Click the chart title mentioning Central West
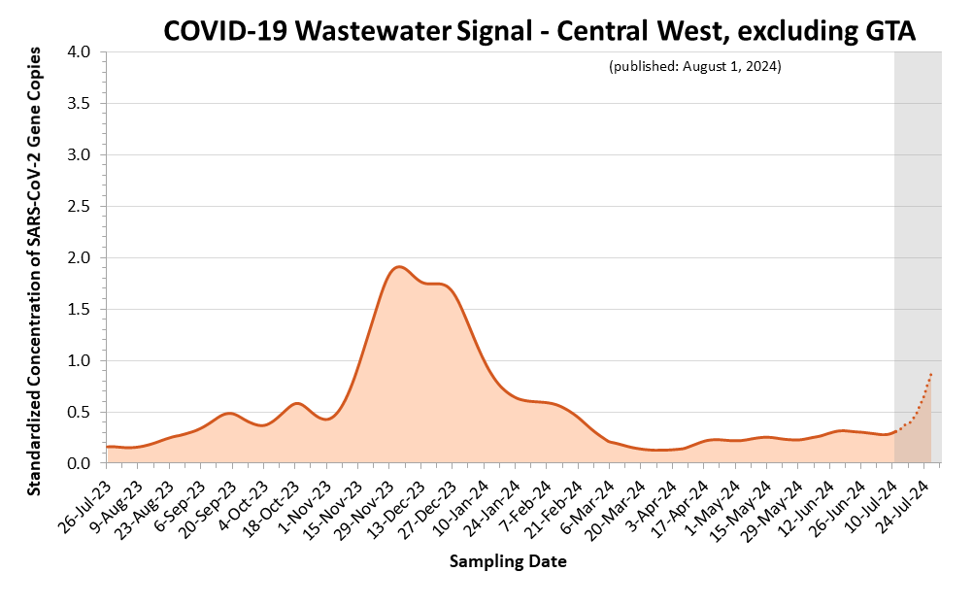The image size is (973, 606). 539,31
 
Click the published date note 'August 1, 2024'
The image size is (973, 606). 694,67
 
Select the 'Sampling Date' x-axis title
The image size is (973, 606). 508,561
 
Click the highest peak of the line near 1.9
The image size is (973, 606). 398,266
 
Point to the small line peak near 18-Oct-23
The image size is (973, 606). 297,402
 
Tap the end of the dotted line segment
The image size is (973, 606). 931,373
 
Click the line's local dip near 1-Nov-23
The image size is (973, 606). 327,419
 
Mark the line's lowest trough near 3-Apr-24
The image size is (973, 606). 660,450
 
